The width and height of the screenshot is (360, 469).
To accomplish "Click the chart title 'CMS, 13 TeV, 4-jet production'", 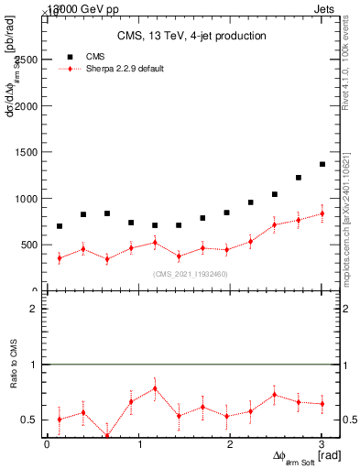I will [191, 37].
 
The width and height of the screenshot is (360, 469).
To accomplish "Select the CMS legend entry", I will [95, 57].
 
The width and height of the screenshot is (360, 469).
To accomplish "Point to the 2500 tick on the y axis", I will [26, 60].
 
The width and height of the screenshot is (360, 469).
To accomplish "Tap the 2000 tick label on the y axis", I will [26, 106].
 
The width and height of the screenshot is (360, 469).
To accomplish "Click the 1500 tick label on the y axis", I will [26, 152].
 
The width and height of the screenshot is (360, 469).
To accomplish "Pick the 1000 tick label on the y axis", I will [26, 199].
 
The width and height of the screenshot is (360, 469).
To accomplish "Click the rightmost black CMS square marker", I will [322, 165].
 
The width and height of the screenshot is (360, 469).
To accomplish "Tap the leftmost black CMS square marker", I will [60, 226].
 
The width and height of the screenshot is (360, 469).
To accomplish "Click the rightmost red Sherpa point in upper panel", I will [322, 214].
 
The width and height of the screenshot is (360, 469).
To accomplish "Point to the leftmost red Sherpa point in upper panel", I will [60, 258].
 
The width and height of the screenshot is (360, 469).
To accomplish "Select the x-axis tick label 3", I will [322, 445].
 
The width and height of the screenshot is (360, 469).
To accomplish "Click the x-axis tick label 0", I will [48, 445].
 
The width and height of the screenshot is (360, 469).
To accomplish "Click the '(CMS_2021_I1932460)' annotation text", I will [191, 274].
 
